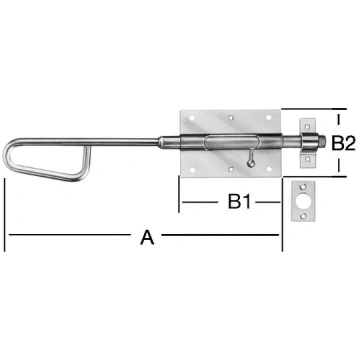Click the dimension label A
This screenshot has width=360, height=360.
click(147, 237)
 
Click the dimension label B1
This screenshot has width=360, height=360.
click(239, 202)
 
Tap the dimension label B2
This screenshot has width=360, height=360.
click(343, 143)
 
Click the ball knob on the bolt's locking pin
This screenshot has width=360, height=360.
click(251, 163)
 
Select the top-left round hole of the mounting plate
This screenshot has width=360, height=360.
click(192, 118)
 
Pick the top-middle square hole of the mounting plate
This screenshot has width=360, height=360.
click(230, 117)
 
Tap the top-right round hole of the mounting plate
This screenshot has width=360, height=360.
click(269, 117)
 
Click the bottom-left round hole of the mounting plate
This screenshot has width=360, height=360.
click(192, 170)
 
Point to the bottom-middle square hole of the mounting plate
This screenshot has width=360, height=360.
click(230, 170)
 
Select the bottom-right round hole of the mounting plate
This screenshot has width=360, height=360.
click(269, 169)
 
